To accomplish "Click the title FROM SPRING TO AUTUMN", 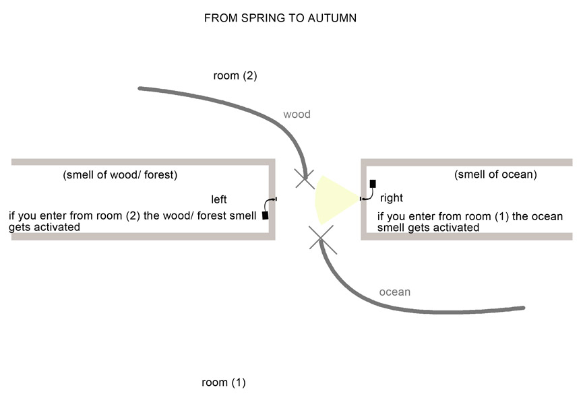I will (x=280, y=18).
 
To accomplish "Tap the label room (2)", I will (x=235, y=75).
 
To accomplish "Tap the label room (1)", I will (x=223, y=383).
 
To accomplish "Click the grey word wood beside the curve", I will (x=297, y=114).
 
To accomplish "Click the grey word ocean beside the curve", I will (x=394, y=292).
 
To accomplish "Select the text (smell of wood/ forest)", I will (x=120, y=175).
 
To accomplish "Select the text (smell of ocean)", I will (x=495, y=174).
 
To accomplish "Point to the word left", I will (x=219, y=199).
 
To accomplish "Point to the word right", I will (x=392, y=198).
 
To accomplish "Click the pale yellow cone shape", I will (x=334, y=199).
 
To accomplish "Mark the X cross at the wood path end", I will (x=305, y=178).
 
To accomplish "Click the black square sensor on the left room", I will (x=265, y=215).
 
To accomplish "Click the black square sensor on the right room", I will (x=373, y=183).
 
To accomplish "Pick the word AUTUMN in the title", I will (x=332, y=18).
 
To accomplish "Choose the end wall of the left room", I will (x=272, y=199).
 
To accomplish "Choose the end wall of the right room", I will (x=364, y=199).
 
